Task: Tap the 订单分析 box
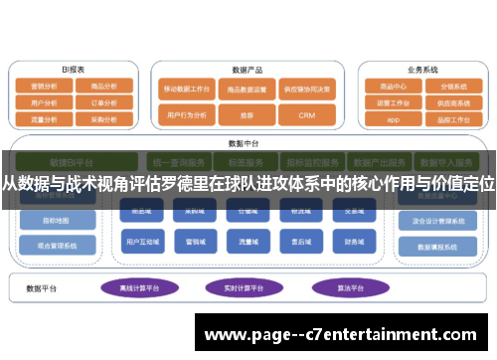103,101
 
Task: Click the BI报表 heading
73,70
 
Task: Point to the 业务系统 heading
422,71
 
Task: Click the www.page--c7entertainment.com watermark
345,335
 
